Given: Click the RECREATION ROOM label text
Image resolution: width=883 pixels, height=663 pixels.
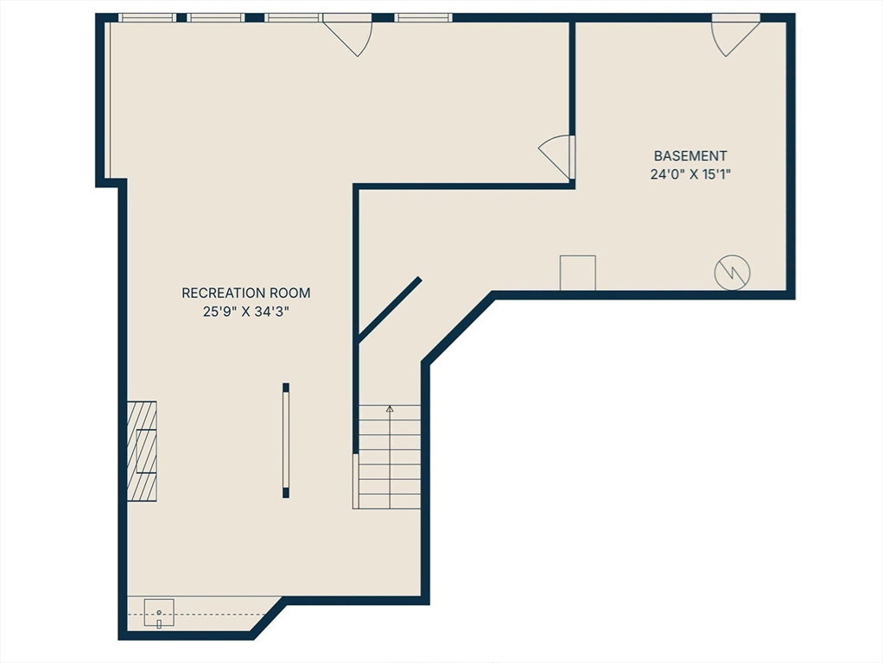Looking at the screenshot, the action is [x=246, y=293].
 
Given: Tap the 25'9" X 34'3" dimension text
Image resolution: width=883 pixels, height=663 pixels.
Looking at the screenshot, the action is [x=246, y=312].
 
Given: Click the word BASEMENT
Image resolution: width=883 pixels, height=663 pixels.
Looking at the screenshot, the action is [x=690, y=155].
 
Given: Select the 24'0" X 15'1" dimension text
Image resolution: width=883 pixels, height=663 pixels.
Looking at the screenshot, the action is [x=690, y=174].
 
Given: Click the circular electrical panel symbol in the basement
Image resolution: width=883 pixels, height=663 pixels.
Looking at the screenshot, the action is [x=732, y=273].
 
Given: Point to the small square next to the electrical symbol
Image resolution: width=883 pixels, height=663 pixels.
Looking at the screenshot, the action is [x=578, y=273].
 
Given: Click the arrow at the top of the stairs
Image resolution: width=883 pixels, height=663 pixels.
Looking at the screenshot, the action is [x=390, y=409].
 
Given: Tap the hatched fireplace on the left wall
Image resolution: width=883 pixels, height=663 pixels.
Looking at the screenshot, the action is [x=142, y=451].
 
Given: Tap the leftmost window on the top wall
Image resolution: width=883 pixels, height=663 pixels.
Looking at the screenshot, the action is [x=147, y=17].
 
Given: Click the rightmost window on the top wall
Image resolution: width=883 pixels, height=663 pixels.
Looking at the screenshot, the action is [x=422, y=17].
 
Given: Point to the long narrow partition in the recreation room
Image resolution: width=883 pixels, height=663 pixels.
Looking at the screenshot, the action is [x=286, y=440].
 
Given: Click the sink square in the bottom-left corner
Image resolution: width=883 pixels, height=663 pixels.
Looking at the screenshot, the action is [x=159, y=613].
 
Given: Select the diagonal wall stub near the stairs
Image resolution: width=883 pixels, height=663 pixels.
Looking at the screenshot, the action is [x=390, y=309].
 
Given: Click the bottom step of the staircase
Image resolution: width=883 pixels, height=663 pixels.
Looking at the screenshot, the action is [x=390, y=502].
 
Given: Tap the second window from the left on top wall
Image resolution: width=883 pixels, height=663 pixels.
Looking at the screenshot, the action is [x=216, y=17].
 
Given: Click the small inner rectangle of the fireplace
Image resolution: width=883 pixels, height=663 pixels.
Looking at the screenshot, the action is [x=146, y=451].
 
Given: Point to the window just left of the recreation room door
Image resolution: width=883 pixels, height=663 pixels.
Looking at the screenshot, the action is [x=294, y=17].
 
